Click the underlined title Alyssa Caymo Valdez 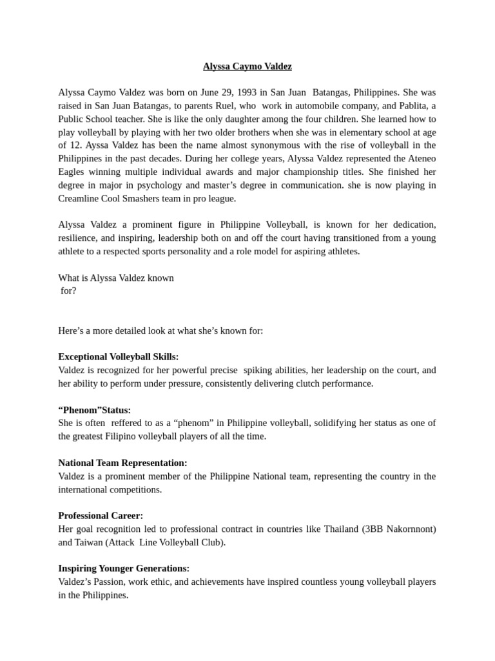pyautogui.click(x=247, y=66)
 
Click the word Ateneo pyautogui.click(x=420, y=159)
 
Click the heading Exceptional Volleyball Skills pyautogui.click(x=119, y=357)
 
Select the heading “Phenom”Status pyautogui.click(x=95, y=410)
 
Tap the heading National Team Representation pyautogui.click(x=122, y=463)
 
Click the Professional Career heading pyautogui.click(x=101, y=516)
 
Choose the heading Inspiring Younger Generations pyautogui.click(x=124, y=569)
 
